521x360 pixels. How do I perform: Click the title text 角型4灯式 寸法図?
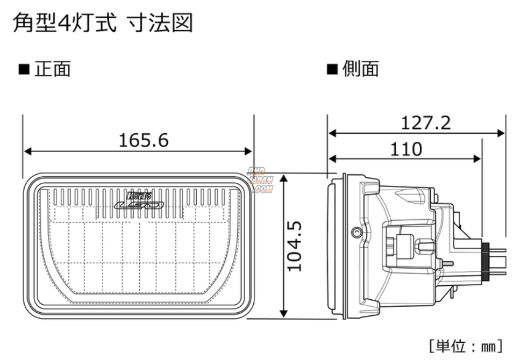pos(102,23)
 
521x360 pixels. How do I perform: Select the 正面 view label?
pos(52,69)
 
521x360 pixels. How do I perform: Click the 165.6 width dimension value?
pos(143,140)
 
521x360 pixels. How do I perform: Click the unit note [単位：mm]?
pos(465,344)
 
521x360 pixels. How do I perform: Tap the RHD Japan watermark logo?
pos(261,180)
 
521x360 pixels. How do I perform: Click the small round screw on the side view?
pos(355,232)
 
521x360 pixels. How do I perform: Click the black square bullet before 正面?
pos(23,70)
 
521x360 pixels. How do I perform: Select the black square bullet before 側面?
pos(332,70)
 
